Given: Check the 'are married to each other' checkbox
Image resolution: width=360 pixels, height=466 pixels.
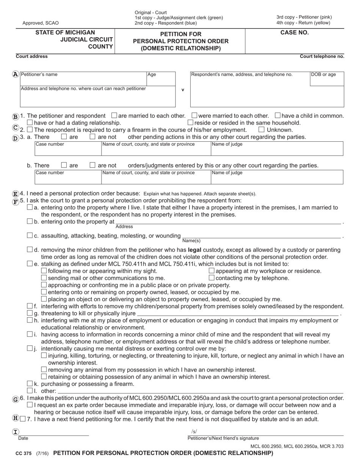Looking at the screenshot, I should pos(114,116).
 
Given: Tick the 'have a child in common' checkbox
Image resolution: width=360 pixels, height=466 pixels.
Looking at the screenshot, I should pos(277,116).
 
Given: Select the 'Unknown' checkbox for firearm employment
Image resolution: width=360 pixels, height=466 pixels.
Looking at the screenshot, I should pos(261,130).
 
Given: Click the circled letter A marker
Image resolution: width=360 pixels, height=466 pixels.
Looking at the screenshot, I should pos(15,75).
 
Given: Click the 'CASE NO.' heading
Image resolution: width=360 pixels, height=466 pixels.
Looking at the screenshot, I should pos(294,33).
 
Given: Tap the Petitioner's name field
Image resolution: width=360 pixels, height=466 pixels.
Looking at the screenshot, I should pos(83,78).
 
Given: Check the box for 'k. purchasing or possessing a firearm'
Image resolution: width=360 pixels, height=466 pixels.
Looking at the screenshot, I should pos(30,384).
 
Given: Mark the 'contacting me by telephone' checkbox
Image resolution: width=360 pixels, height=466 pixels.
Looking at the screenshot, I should pos(212,278).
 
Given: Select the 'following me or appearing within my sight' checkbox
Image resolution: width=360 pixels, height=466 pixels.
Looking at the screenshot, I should pos(44,271).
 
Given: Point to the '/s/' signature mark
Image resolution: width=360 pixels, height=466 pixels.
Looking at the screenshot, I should pos(194,432).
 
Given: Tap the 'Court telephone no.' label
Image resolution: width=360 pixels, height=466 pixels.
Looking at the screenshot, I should pos(322,56).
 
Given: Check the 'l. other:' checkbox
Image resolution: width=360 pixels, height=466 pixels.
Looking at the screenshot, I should pos(30,391).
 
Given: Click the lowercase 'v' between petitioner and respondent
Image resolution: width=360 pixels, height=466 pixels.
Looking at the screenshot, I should pos(183,90).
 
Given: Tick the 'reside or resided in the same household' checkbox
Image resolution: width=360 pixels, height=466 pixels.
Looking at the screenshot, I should pos(190,123).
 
